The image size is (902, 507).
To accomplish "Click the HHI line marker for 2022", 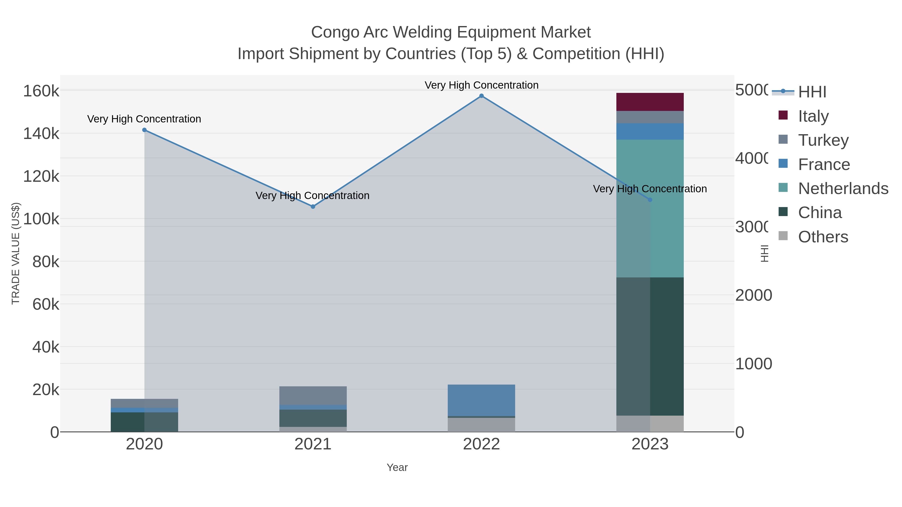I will (482, 96).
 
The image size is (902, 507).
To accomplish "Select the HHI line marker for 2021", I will (313, 207).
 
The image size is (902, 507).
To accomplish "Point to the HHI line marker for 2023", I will (650, 200).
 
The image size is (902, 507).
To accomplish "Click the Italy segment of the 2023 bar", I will (650, 102).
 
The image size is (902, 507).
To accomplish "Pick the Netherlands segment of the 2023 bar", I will (650, 208).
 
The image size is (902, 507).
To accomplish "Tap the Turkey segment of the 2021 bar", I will (313, 395).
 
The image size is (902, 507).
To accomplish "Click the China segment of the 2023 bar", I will (650, 347).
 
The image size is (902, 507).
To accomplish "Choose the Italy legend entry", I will (813, 116).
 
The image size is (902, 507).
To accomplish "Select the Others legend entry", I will (823, 237).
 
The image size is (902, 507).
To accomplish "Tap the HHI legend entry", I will (812, 92).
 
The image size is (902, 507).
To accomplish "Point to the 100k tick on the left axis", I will (41, 219).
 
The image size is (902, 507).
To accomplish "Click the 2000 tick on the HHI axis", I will (753, 295).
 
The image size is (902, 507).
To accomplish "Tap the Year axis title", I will (397, 467).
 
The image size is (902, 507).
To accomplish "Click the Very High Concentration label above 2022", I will (482, 85).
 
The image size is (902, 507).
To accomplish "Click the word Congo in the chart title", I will (335, 32).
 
